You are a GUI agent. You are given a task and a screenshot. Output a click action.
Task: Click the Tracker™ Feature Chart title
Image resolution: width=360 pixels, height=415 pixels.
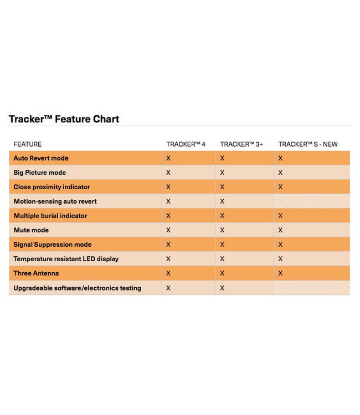point(64,119)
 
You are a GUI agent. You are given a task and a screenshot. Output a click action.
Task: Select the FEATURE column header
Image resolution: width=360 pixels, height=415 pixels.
point(28,144)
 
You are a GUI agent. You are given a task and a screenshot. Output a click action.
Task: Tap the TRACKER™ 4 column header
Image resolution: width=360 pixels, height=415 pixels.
point(186,144)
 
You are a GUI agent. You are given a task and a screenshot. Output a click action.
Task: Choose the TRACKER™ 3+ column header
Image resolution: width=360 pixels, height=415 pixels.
point(241,144)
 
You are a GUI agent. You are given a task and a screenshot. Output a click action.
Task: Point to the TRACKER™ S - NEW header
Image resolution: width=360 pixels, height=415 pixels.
point(307,144)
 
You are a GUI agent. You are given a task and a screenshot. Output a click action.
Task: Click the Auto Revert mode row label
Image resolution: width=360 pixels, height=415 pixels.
point(41,158)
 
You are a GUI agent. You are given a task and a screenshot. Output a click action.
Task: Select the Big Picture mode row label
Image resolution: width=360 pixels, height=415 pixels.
point(40,173)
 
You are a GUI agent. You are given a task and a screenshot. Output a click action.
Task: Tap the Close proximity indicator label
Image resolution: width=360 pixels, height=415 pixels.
point(52,187)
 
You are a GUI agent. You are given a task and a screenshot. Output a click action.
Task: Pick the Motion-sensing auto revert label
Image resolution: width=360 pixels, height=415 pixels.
point(55,201)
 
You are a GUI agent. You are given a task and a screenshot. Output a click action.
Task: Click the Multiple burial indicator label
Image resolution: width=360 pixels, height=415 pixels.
point(50,216)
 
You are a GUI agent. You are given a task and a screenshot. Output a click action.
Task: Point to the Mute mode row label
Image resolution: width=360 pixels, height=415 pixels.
point(31,230)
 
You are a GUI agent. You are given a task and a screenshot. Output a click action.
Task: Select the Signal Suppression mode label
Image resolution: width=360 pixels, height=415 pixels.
point(53,245)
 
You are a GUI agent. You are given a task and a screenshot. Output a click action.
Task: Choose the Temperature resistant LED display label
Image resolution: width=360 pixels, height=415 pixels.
point(66,259)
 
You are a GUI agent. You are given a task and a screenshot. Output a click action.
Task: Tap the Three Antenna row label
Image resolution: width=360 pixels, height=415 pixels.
point(36,273)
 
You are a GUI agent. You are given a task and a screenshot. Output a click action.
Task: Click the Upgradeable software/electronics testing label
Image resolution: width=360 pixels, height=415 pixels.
point(77,288)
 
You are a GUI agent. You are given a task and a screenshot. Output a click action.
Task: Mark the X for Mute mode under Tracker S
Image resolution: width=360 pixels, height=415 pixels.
point(280,230)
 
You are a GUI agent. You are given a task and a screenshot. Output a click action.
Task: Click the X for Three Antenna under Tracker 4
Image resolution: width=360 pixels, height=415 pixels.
point(168,273)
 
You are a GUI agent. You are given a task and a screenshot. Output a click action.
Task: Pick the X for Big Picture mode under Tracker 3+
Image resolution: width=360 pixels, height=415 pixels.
point(222,173)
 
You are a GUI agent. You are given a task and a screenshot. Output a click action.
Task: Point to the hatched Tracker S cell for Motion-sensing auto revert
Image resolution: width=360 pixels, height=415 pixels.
point(312,201)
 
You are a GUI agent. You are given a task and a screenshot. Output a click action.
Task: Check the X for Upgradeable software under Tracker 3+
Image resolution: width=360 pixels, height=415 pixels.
point(222,288)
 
